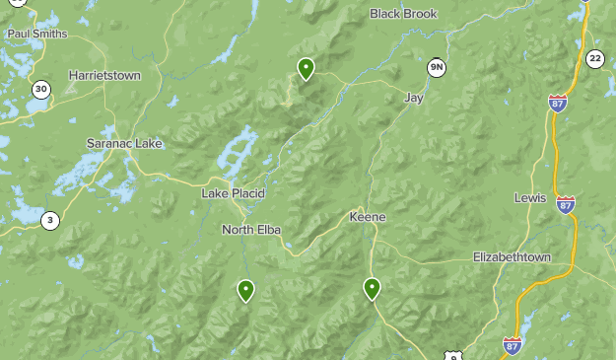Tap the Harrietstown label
pyautogui.click(x=104, y=75)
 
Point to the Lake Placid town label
pyautogui.click(x=234, y=193)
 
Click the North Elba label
pyautogui.click(x=251, y=230)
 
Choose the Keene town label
pyautogui.click(x=368, y=217)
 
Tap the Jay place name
pyautogui.click(x=414, y=98)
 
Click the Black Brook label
pyautogui.click(x=402, y=14)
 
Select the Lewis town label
pyautogui.click(x=529, y=197)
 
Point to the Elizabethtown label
pyautogui.click(x=512, y=256)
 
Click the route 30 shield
pyautogui.click(x=40, y=90)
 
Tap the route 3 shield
pyautogui.click(x=50, y=220)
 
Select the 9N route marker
pyautogui.click(x=437, y=67)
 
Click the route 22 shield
pyautogui.click(x=594, y=59)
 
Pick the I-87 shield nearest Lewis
pyautogui.click(x=565, y=204)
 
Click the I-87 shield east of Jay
pyautogui.click(x=558, y=103)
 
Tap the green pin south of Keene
pyautogui.click(x=372, y=288)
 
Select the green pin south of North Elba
pyautogui.click(x=245, y=290)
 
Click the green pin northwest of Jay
pyautogui.click(x=307, y=68)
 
